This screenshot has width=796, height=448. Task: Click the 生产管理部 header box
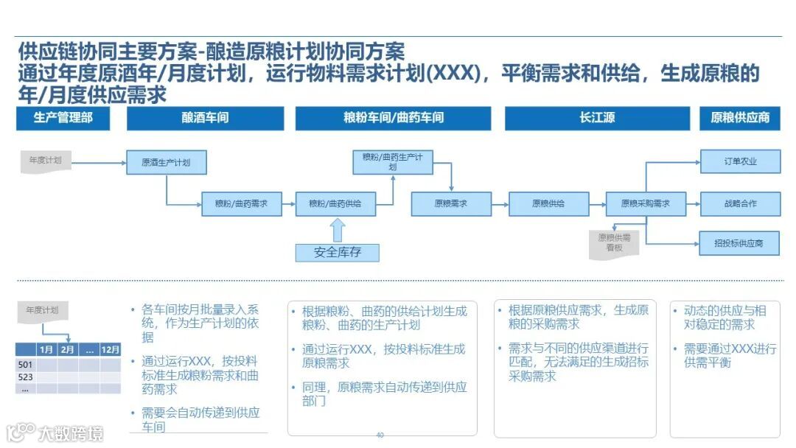63,118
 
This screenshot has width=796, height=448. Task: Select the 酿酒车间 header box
205,118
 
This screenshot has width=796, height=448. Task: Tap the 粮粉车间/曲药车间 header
393,118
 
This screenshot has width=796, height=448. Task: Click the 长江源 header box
597,118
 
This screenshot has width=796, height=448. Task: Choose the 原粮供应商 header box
739,118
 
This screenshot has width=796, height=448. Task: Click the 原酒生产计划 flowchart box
166,162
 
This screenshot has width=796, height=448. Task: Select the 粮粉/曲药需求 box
242,203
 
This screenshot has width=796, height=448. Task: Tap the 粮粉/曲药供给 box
335,203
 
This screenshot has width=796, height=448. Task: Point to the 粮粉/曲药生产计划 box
392,162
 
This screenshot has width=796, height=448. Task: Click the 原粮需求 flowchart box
450,203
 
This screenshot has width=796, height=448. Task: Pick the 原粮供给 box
548,203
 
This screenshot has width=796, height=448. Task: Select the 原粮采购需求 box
646,203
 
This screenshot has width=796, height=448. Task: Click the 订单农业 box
739,161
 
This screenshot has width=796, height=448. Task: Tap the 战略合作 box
739,203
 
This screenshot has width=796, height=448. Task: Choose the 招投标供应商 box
739,242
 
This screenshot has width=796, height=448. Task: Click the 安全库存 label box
338,252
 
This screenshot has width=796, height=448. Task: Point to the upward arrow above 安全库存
338,230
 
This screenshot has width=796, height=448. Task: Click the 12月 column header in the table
111,349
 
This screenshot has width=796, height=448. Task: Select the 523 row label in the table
26,376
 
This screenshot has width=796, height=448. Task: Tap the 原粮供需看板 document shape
613,243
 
